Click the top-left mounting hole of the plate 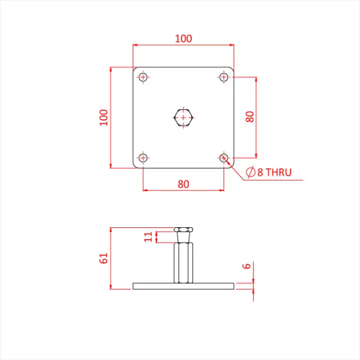coord(143,76)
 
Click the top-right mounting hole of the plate coord(224,76)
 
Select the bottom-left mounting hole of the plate coord(143,158)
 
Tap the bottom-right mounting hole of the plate coord(224,158)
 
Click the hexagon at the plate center coord(183,118)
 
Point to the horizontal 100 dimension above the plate coord(183,39)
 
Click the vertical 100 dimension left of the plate coord(104,117)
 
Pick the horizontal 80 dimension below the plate coord(183,183)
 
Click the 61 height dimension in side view coord(103,258)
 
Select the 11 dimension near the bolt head coord(148,236)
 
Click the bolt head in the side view coord(183,230)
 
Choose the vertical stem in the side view coord(183,262)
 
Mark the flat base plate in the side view coord(183,286)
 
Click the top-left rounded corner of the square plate coord(135,69)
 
